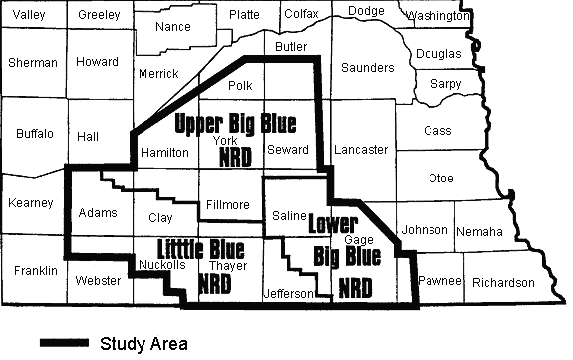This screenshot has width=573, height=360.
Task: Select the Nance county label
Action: (x=174, y=26)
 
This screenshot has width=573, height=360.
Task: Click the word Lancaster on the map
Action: (x=362, y=150)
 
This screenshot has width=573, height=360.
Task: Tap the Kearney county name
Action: (x=30, y=203)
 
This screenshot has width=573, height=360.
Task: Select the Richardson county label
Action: (x=504, y=282)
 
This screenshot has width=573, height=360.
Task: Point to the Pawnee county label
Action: (x=440, y=282)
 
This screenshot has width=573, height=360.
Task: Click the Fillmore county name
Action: (x=228, y=205)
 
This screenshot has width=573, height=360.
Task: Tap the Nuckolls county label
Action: (x=161, y=265)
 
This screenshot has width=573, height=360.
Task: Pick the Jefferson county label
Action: (x=290, y=293)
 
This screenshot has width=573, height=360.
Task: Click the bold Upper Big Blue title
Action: (x=236, y=124)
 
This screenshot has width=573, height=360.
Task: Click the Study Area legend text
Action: (x=143, y=343)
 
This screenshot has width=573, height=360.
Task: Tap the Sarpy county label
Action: (x=445, y=85)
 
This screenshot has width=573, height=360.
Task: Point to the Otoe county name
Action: (x=440, y=179)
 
